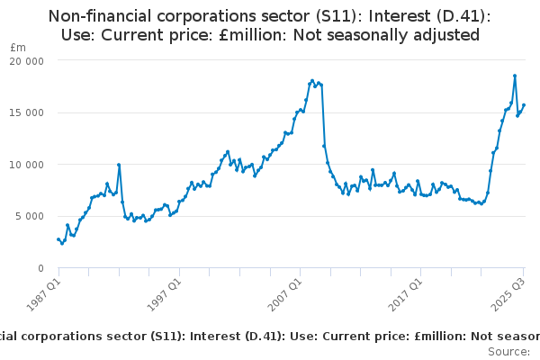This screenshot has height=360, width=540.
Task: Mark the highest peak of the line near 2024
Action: click(515, 76)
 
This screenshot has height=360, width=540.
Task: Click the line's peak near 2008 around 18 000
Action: click(312, 80)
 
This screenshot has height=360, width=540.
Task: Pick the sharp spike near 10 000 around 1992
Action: click(119, 165)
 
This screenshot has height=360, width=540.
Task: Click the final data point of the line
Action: click(525, 105)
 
